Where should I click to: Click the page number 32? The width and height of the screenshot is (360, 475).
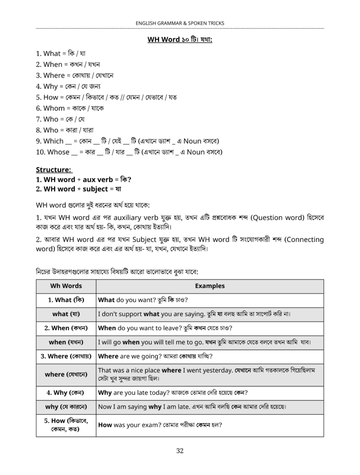(180, 451)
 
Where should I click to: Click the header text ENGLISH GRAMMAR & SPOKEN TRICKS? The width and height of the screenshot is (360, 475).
(180, 23)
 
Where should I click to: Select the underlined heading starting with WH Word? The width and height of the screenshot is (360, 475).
(180, 40)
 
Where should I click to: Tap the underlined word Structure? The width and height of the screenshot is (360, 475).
(54, 170)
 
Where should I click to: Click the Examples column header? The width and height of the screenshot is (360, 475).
(210, 286)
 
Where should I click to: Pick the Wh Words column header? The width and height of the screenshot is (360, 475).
(66, 286)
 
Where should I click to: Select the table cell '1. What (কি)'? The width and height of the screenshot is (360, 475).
(66, 300)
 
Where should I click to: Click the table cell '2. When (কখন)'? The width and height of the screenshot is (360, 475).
(66, 328)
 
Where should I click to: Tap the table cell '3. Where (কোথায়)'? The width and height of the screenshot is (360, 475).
(66, 356)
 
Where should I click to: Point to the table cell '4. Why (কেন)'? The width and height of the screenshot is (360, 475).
(66, 393)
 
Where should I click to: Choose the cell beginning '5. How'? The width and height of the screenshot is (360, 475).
(66, 425)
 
